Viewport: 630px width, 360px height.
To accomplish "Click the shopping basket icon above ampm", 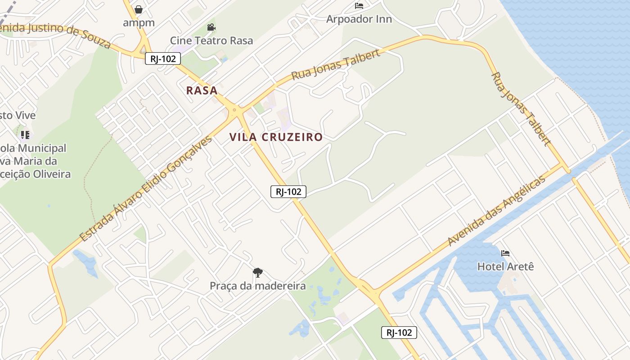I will tap(139, 9).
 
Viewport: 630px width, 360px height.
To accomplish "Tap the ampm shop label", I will tap(139, 22).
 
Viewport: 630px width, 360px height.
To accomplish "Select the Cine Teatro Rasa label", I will tap(211, 40).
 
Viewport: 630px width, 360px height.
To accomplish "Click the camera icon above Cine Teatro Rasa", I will tap(211, 27).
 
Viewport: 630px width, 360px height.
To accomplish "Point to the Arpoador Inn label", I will tap(359, 19).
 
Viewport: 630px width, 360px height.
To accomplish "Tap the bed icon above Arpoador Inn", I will tap(359, 6).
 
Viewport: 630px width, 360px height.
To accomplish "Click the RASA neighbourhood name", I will tap(202, 90).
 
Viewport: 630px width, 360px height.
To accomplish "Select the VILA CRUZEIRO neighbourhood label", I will tap(276, 137).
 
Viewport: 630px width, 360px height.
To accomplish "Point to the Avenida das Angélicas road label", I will tap(496, 211).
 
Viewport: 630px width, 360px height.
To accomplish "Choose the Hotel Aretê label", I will tap(505, 266).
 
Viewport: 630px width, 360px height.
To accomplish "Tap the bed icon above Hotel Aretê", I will tap(505, 253).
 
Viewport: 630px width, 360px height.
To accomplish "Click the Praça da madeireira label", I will tap(257, 286).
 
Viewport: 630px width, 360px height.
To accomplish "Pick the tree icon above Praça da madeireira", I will tap(257, 272).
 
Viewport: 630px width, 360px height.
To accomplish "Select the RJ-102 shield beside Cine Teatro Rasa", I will tap(163, 58).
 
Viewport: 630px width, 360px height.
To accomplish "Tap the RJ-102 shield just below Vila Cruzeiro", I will tap(288, 192).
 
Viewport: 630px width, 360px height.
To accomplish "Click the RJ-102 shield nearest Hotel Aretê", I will tap(399, 333).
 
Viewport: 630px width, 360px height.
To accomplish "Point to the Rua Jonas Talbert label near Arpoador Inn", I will tap(336, 65).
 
